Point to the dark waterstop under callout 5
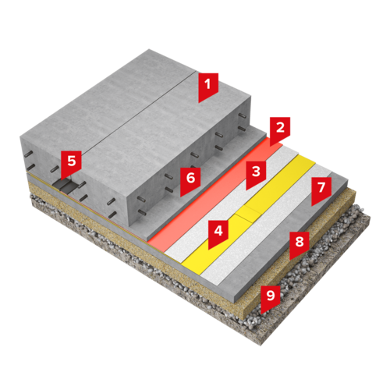[65, 186]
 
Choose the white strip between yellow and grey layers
[268, 225]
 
